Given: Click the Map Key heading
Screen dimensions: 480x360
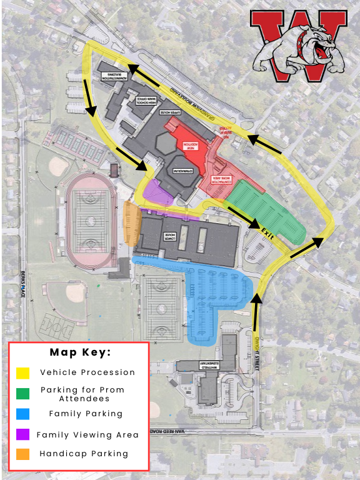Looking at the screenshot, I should (80, 352).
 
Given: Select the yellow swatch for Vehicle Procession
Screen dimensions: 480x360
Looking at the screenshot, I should (23, 372).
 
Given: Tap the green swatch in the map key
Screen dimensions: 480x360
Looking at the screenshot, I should (23, 394).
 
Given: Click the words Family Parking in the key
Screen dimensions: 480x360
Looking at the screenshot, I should (86, 414).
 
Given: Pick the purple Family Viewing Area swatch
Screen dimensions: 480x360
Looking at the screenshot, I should (23, 434).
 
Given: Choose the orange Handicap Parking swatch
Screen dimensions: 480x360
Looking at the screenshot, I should (23, 454).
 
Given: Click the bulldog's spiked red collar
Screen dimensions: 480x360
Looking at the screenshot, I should (306, 41).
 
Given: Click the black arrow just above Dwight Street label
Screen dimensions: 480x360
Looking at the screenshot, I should (256, 304).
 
